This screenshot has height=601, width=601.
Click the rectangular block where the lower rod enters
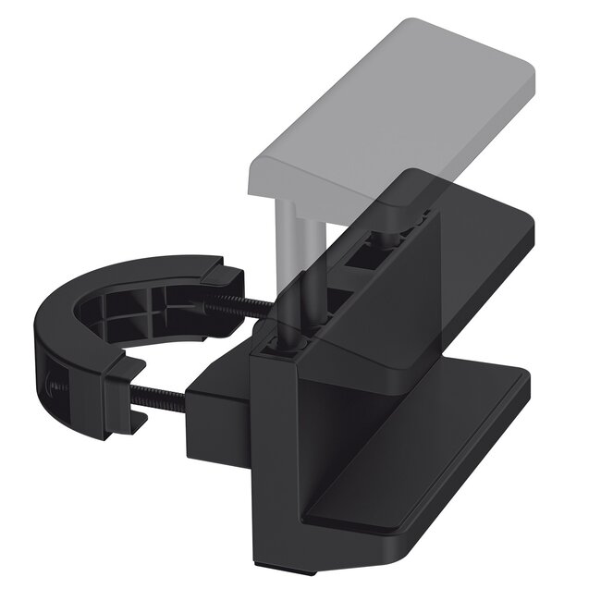[x=217, y=416]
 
